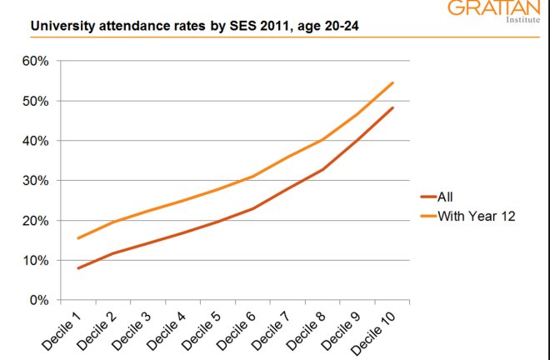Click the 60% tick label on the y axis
[x=39, y=61]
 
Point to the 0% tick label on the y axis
[x=42, y=300]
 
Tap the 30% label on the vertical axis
[x=39, y=181]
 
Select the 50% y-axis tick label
[x=39, y=101]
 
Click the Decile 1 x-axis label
[x=64, y=331]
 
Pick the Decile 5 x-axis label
[x=202, y=331]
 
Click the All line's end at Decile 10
[x=392, y=107]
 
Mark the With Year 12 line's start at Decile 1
[x=77, y=238]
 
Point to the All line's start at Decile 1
[x=77, y=268]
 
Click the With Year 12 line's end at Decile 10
[x=392, y=82]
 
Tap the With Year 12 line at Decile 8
[x=322, y=139]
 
